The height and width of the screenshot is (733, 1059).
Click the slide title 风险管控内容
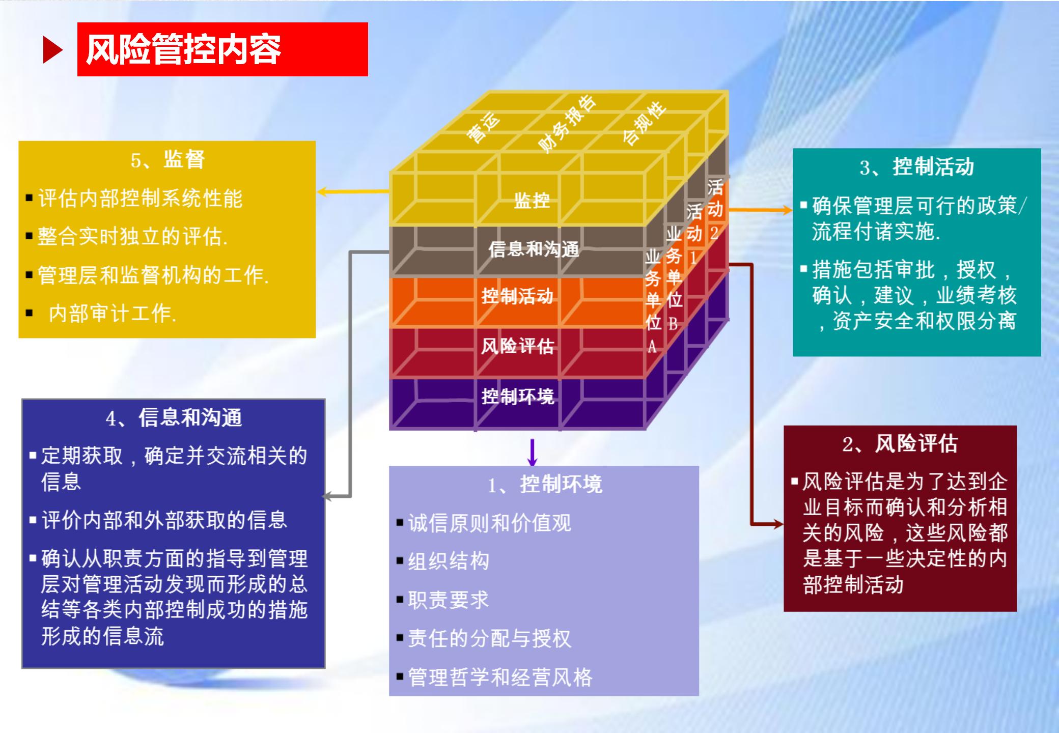pyautogui.click(x=183, y=50)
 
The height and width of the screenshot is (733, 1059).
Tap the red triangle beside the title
pyautogui.click(x=52, y=50)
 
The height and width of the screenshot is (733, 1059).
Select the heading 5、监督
pyautogui.click(x=168, y=160)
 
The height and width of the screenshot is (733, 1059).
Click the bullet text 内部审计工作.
pyautogui.click(x=112, y=314)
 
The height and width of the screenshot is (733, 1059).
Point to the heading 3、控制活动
pyautogui.click(x=916, y=167)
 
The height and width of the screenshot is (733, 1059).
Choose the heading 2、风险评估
pyautogui.click(x=900, y=444)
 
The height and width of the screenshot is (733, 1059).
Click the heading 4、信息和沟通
pyautogui.click(x=174, y=418)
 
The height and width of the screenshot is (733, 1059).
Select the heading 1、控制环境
pyautogui.click(x=544, y=485)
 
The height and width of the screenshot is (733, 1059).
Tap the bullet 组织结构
pyautogui.click(x=448, y=561)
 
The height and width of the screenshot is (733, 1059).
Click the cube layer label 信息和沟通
pyautogui.click(x=534, y=249)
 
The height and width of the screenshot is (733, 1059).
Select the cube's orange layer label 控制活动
pyautogui.click(x=517, y=296)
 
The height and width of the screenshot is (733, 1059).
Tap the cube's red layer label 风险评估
pyautogui.click(x=517, y=347)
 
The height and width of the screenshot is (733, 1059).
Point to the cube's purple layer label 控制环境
pyautogui.click(x=517, y=397)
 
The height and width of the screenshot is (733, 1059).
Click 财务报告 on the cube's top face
pyautogui.click(x=566, y=124)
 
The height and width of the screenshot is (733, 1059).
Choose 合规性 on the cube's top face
pyautogui.click(x=644, y=123)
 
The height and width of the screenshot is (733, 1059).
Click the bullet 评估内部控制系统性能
pyautogui.click(x=140, y=199)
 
